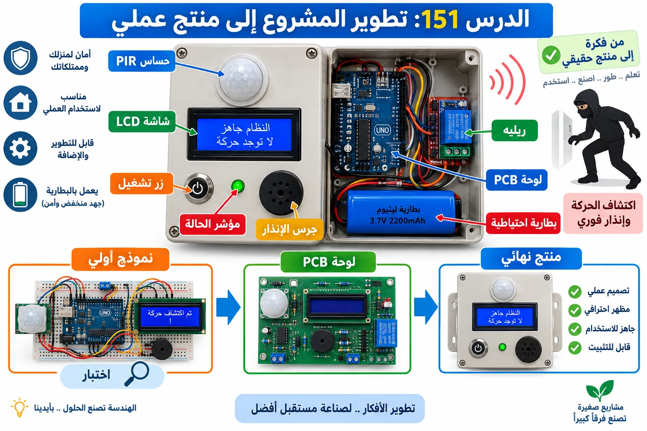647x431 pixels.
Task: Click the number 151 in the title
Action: coord(440,19)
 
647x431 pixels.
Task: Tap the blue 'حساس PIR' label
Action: coord(142,61)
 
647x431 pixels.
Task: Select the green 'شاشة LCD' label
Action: coord(142,122)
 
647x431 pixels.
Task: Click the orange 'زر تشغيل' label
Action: coord(142,184)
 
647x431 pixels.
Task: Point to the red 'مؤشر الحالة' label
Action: coord(213,224)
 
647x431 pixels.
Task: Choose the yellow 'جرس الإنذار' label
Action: coord(289,229)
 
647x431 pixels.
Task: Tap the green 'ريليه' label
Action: coord(514,130)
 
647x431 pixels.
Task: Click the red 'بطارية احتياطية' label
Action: coord(523,223)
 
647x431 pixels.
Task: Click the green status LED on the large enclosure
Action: coord(238,186)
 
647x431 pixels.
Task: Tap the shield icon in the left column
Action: coord(21,58)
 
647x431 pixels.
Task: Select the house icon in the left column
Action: coord(21,102)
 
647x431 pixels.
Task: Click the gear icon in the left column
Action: coord(21,149)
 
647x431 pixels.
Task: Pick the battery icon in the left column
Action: coord(21,194)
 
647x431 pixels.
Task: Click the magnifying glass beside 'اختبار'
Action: coord(137,374)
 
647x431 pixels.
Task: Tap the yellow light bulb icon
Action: coord(19,407)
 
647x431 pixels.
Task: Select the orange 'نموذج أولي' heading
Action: coord(120,259)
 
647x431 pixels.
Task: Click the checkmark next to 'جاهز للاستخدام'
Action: coord(575,329)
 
